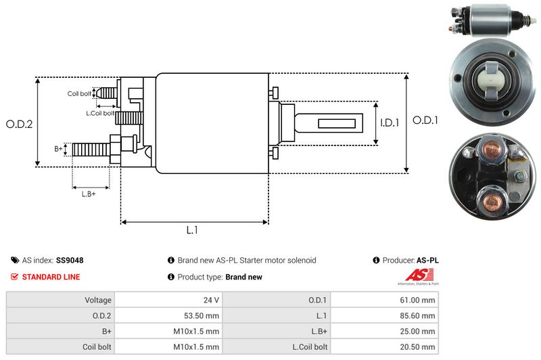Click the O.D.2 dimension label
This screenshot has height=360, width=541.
pos(19,124)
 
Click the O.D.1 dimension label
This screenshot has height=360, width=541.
pos(426,120)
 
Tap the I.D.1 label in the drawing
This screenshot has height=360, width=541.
pos(390,123)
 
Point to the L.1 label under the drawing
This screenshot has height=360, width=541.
pos(192,230)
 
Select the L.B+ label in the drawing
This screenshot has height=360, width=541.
pos(89,195)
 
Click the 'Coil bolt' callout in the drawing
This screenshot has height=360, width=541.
pos(78,94)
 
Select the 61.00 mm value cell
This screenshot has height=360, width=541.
pos(419,300)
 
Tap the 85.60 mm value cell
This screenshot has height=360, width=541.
pos(419,315)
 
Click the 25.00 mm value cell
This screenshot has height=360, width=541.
pos(419,331)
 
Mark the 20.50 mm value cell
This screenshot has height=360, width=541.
pos(419,346)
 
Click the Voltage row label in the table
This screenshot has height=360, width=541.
pos(98,300)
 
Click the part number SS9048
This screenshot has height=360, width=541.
pos(70,260)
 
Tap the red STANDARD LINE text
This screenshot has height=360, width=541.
pos(51,277)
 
